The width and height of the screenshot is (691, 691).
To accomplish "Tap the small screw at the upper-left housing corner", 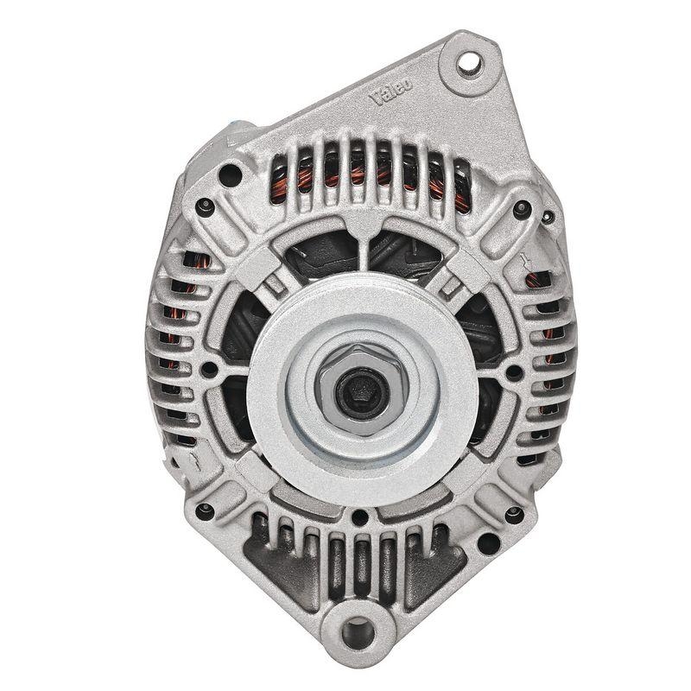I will point(205,207).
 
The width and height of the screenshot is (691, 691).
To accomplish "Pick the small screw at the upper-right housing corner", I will point(521,208).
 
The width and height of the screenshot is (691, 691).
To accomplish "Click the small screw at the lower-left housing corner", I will point(204,510).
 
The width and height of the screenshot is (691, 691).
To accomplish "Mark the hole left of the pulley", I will point(208,371).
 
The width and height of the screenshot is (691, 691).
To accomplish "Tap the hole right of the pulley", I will point(513,372).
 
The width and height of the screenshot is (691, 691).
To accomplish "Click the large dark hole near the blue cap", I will point(230,175).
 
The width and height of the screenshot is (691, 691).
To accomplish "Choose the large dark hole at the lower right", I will point(488,544).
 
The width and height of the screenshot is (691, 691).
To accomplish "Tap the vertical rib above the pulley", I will point(362,245).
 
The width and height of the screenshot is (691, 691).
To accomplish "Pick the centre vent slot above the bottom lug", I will point(359,562).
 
